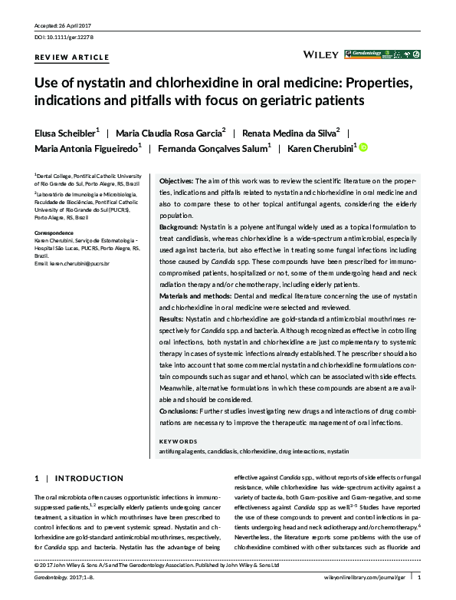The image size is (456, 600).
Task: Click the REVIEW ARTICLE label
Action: click(72, 58)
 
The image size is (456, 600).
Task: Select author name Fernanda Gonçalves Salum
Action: click(211, 149)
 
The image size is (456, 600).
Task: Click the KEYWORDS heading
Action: click(178, 442)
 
